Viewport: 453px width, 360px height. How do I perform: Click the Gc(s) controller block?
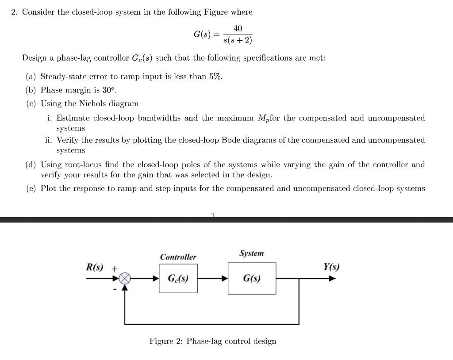[178, 279]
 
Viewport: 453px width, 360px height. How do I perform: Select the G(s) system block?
[252, 279]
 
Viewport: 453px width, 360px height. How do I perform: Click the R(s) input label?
[94, 267]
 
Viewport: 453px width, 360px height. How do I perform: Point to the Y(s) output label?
[331, 267]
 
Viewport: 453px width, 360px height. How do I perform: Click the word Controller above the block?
[178, 257]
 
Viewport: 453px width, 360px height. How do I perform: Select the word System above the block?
[251, 253]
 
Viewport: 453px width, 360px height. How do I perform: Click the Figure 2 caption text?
[212, 341]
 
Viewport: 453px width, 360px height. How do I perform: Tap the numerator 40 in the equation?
[238, 29]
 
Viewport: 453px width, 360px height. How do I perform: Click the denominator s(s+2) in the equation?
[238, 41]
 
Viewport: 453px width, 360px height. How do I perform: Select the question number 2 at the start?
[14, 12]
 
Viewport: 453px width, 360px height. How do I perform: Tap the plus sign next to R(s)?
[114, 268]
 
